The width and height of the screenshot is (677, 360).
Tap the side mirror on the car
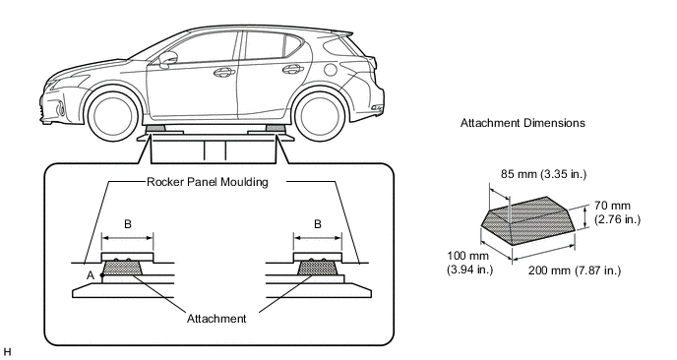point(168,60)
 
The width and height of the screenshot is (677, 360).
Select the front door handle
point(223,72)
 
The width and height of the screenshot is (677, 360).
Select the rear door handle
point(292,68)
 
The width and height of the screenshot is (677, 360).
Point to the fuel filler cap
point(331,69)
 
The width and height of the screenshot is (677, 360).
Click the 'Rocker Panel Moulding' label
point(208,182)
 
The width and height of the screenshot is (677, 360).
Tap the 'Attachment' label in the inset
point(216,319)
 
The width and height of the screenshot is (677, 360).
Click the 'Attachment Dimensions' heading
point(523,123)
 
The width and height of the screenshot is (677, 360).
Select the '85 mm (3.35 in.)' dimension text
point(543,174)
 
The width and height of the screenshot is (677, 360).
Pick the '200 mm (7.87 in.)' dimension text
point(575,270)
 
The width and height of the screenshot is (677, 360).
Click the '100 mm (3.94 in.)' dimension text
point(469,263)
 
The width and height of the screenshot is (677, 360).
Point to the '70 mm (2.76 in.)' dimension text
point(617,212)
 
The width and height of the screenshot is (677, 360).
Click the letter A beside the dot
point(91,275)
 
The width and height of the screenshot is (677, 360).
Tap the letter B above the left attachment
point(128,224)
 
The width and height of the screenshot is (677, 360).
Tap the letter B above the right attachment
point(318,224)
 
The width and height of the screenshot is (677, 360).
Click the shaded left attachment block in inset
point(122,268)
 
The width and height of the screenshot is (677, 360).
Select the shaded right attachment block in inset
point(317,268)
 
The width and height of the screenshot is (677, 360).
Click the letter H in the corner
point(7,351)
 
